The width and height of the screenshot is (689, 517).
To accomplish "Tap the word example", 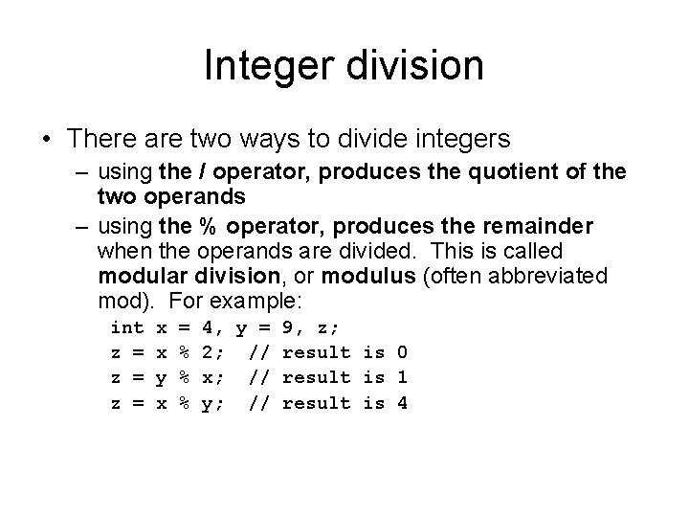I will click(x=257, y=301).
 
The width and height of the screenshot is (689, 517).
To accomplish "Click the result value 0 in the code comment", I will click(x=402, y=351).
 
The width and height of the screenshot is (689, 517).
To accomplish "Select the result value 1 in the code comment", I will click(x=402, y=377).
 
